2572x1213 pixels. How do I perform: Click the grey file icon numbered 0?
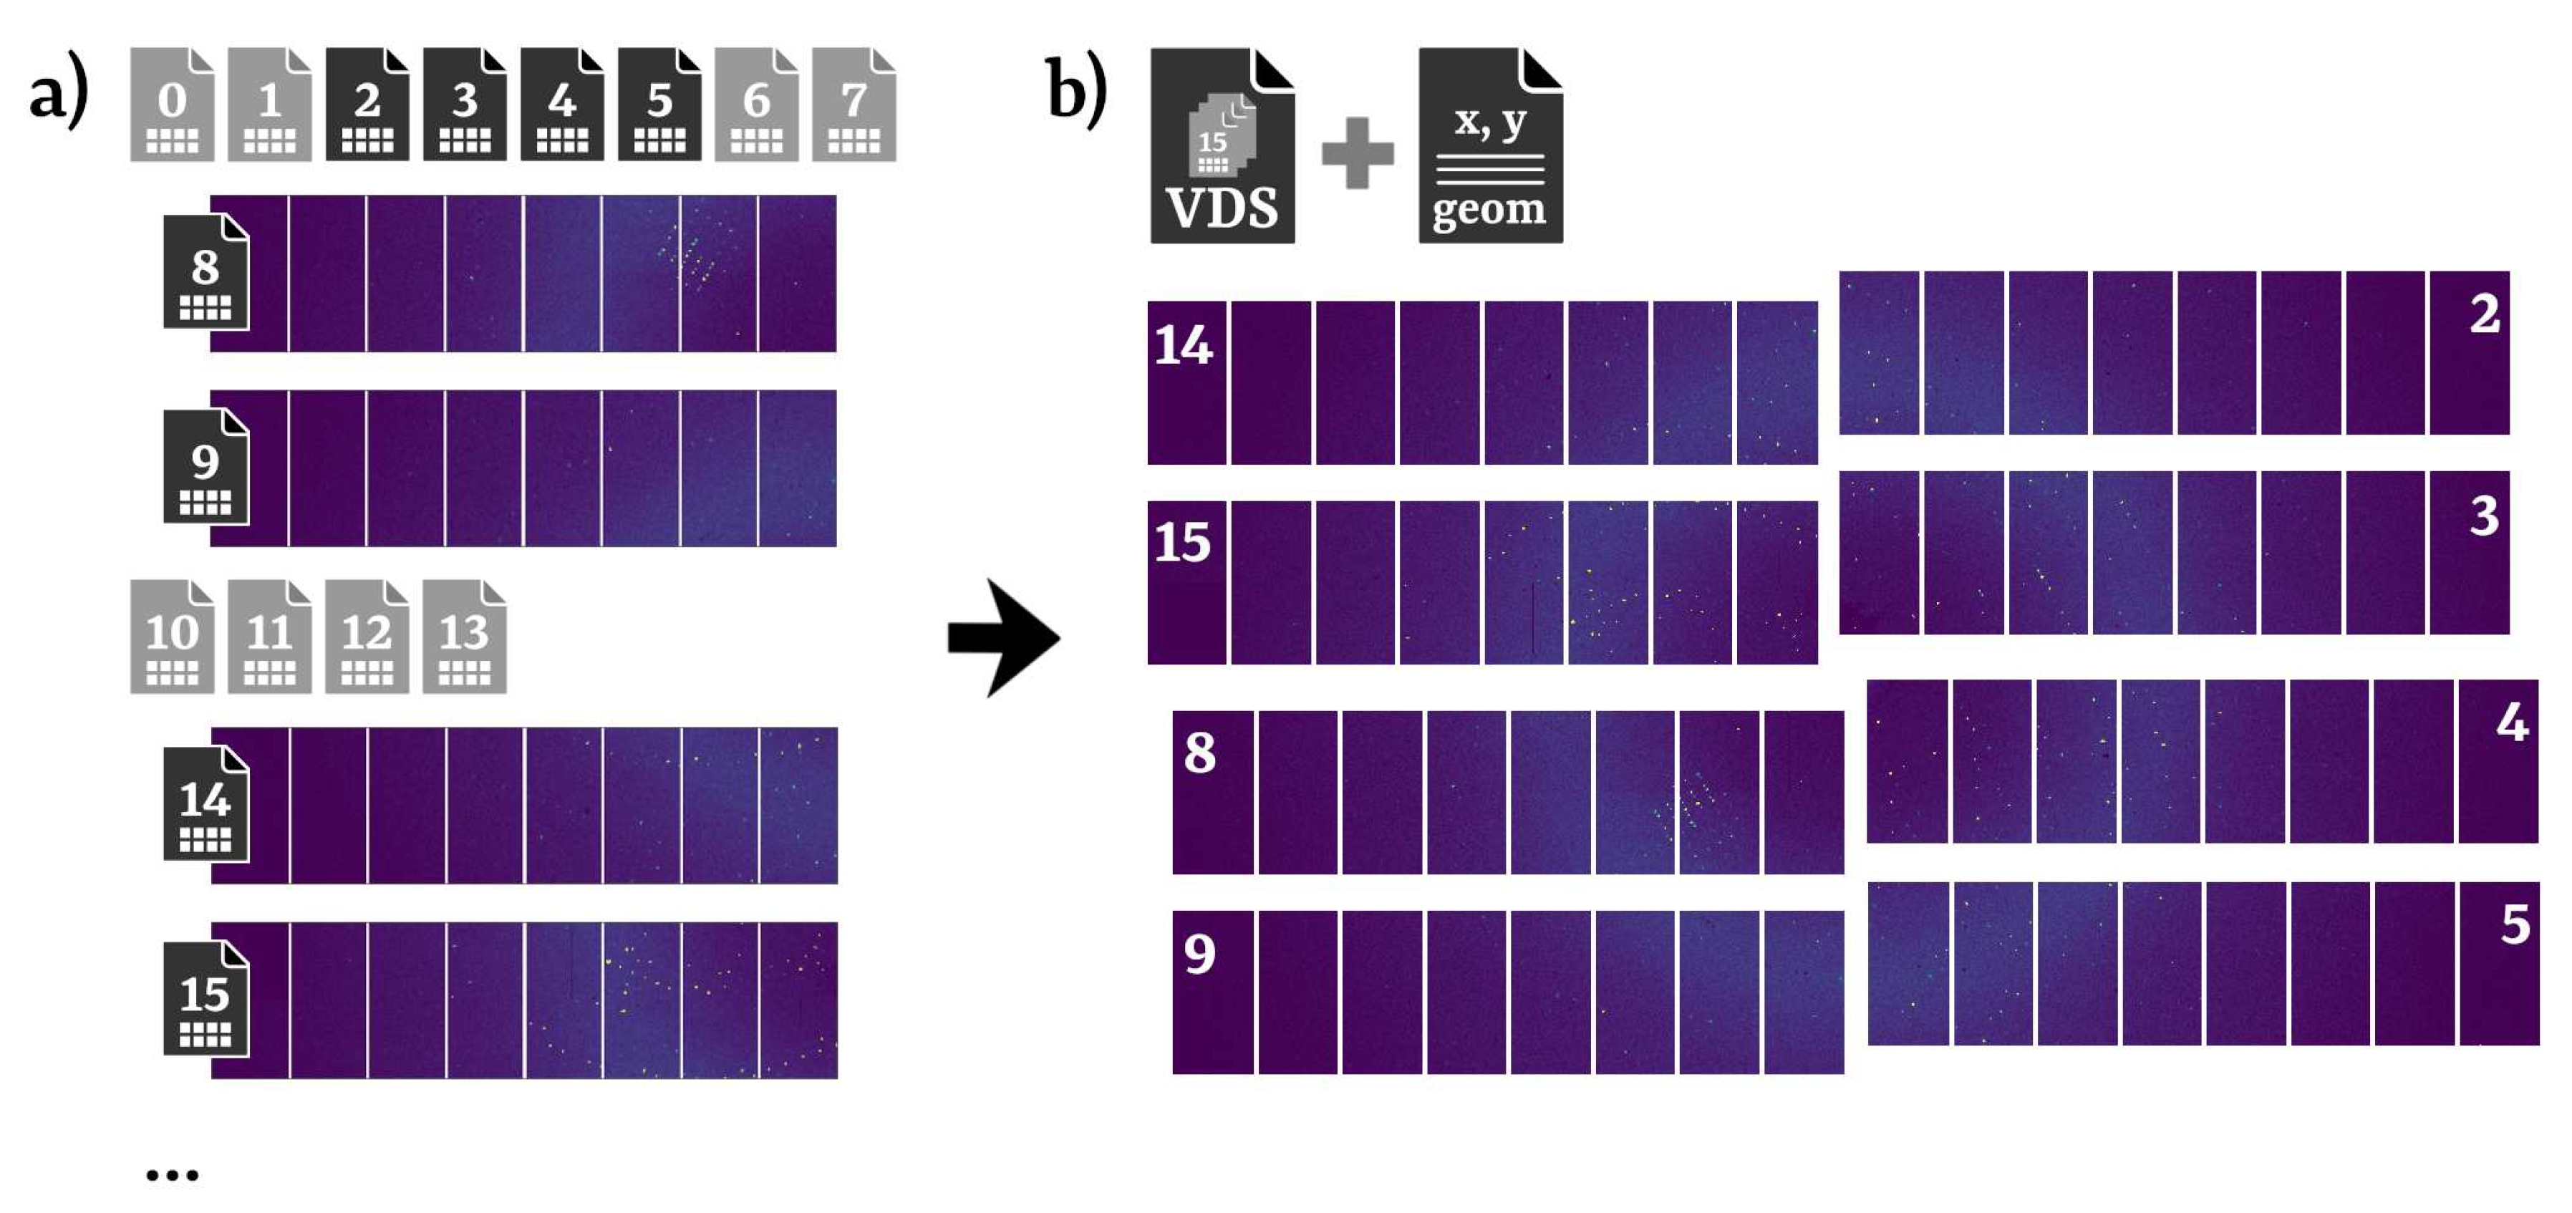point(172,105)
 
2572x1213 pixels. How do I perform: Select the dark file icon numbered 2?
point(367,105)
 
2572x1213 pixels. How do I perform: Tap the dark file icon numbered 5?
point(659,105)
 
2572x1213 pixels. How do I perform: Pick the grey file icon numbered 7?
point(854,105)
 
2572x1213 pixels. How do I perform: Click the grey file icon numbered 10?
point(172,637)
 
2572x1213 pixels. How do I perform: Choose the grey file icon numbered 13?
point(464,637)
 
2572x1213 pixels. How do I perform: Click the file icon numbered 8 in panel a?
point(206,271)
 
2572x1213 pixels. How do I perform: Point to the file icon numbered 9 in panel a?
point(206,466)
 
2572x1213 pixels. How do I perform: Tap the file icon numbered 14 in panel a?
point(206,803)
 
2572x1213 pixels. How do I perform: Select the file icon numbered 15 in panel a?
point(206,998)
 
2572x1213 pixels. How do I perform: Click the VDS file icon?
point(1222,146)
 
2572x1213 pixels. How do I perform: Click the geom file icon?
point(1489,146)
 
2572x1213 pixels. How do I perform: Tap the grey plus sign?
point(1357,153)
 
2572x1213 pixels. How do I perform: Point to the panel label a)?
point(59,95)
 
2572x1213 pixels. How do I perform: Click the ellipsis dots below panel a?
point(172,1175)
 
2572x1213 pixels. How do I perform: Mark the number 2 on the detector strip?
point(2484,314)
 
